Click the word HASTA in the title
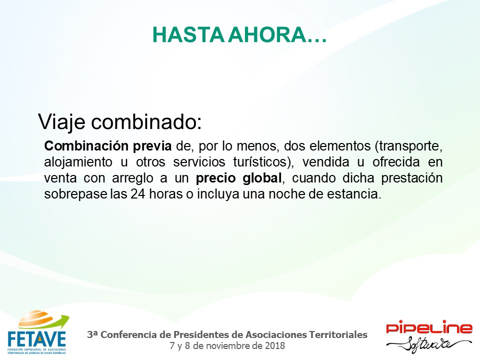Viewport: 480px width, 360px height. (189, 35)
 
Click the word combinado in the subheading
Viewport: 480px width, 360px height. (146, 121)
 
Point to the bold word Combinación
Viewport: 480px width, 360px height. (86, 145)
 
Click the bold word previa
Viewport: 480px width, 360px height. (152, 146)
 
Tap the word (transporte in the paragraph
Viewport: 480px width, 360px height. (408, 146)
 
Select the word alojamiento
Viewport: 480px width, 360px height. (78, 162)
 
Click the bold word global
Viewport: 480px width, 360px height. (262, 178)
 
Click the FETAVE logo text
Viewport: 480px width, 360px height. (36, 339)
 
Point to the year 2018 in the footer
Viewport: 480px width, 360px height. (275, 346)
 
